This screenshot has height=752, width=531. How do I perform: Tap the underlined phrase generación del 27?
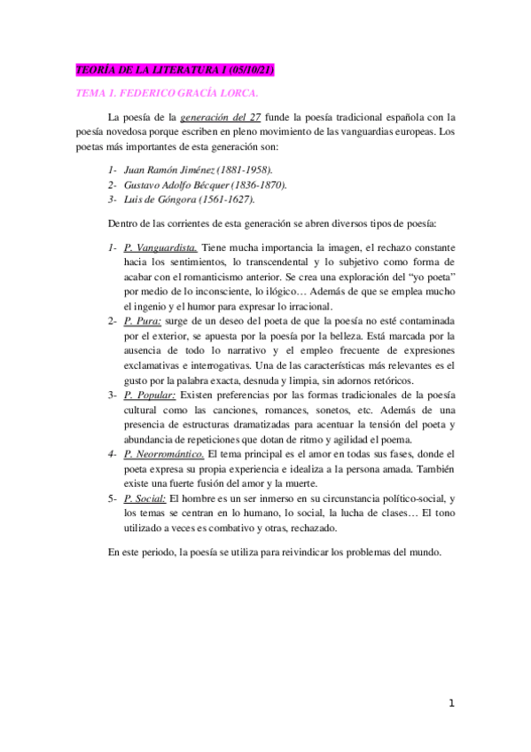point(212,116)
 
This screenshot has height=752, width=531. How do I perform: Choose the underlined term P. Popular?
point(150,392)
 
